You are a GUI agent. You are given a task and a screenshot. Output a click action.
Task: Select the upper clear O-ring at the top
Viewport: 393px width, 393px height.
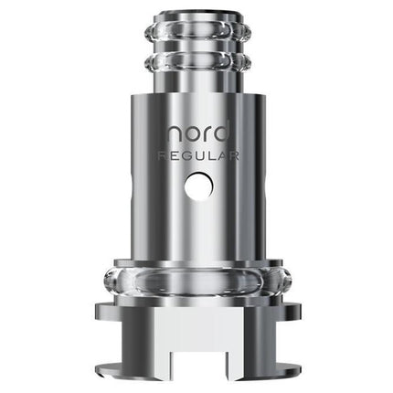[x=196, y=40]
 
